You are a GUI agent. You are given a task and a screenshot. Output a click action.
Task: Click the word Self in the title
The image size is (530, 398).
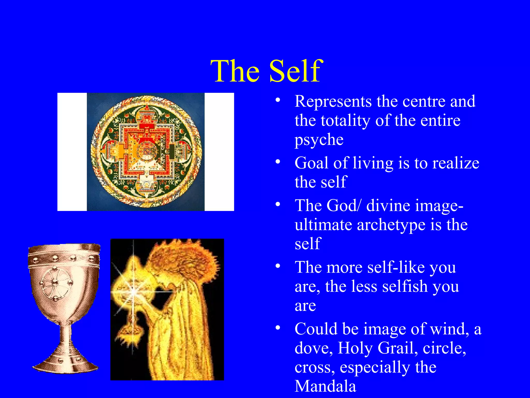coord(296,71)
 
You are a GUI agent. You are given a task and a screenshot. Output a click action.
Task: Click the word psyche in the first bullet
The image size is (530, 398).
coord(319,140)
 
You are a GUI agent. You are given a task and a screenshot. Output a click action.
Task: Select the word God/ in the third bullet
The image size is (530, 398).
coord(343,205)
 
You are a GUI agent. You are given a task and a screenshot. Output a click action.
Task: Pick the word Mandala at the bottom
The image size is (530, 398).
coord(325,386)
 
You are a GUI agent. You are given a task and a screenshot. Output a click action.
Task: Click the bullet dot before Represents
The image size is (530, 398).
coord(278,100)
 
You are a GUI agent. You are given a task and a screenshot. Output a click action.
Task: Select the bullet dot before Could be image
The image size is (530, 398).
coord(278,328)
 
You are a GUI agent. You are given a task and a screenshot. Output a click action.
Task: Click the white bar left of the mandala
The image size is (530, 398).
coord(72,152)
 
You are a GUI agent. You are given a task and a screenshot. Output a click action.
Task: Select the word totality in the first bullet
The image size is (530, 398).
coord(345,120)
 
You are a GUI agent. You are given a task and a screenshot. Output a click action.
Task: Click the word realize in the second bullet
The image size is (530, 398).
coord(456,163)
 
